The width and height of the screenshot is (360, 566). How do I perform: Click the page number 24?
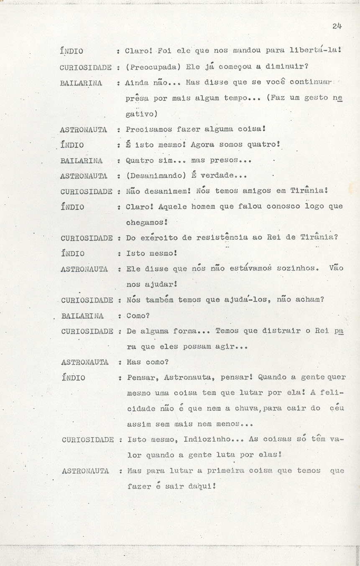point(337,26)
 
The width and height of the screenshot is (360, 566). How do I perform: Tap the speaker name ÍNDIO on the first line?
point(71,51)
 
